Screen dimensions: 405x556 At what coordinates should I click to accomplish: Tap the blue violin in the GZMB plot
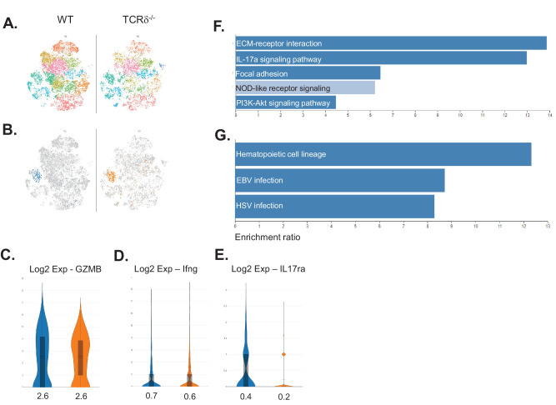click(41, 342)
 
